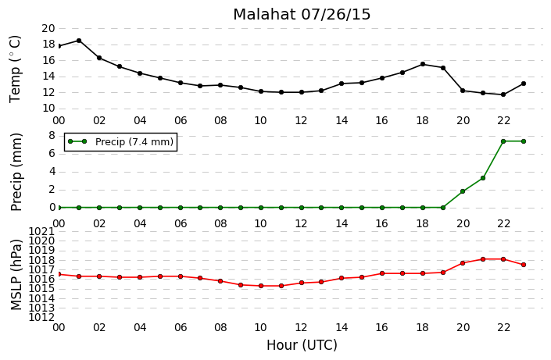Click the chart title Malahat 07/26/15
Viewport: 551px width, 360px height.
click(x=302, y=14)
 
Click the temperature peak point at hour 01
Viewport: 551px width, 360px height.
click(x=79, y=41)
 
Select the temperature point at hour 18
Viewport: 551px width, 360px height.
click(x=423, y=64)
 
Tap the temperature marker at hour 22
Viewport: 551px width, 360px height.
click(x=503, y=94)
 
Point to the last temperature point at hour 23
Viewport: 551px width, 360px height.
click(x=524, y=84)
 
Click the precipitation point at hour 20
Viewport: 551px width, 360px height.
click(x=463, y=191)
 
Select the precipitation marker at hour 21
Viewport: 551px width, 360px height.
click(x=483, y=178)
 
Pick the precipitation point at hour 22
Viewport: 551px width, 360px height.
click(x=503, y=141)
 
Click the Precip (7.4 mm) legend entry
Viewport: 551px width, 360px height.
click(x=120, y=142)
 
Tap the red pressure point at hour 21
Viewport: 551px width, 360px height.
click(x=483, y=259)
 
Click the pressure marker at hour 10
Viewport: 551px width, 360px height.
click(x=261, y=286)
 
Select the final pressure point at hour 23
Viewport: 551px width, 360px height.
click(x=524, y=265)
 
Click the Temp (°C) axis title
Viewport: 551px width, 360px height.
click(x=16, y=69)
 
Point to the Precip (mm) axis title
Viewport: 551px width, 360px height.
click(x=16, y=172)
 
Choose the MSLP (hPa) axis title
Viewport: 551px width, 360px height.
click(x=16, y=275)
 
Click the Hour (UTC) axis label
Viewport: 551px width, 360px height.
click(x=302, y=345)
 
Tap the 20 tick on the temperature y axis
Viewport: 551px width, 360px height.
click(x=48, y=28)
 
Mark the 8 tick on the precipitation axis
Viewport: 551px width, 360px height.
click(x=52, y=136)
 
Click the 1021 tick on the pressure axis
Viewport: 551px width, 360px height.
click(x=42, y=231)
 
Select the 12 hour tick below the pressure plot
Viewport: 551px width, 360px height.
click(x=301, y=327)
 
